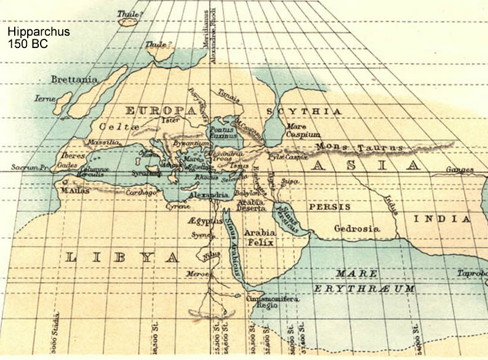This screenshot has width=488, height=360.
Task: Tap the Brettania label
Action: pos(73,80)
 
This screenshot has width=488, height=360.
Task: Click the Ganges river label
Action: pos(460,169)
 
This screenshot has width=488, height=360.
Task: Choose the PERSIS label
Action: pos(329,207)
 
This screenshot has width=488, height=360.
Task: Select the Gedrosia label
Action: pos(356,228)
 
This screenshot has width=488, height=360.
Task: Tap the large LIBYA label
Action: pos(121,257)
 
